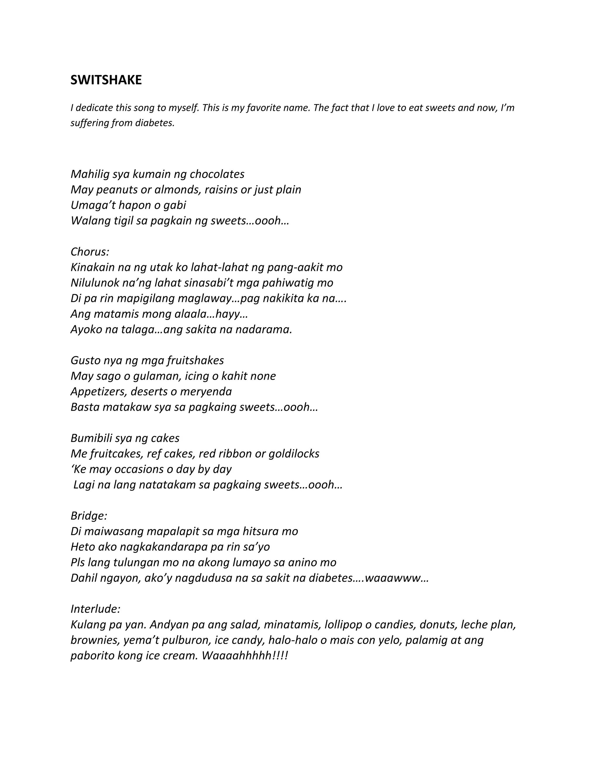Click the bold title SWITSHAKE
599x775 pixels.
tap(106, 80)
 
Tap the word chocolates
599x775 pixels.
tap(217, 174)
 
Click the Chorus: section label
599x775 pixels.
tap(90, 252)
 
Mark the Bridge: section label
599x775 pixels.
tap(89, 516)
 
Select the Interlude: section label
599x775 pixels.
tap(95, 609)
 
